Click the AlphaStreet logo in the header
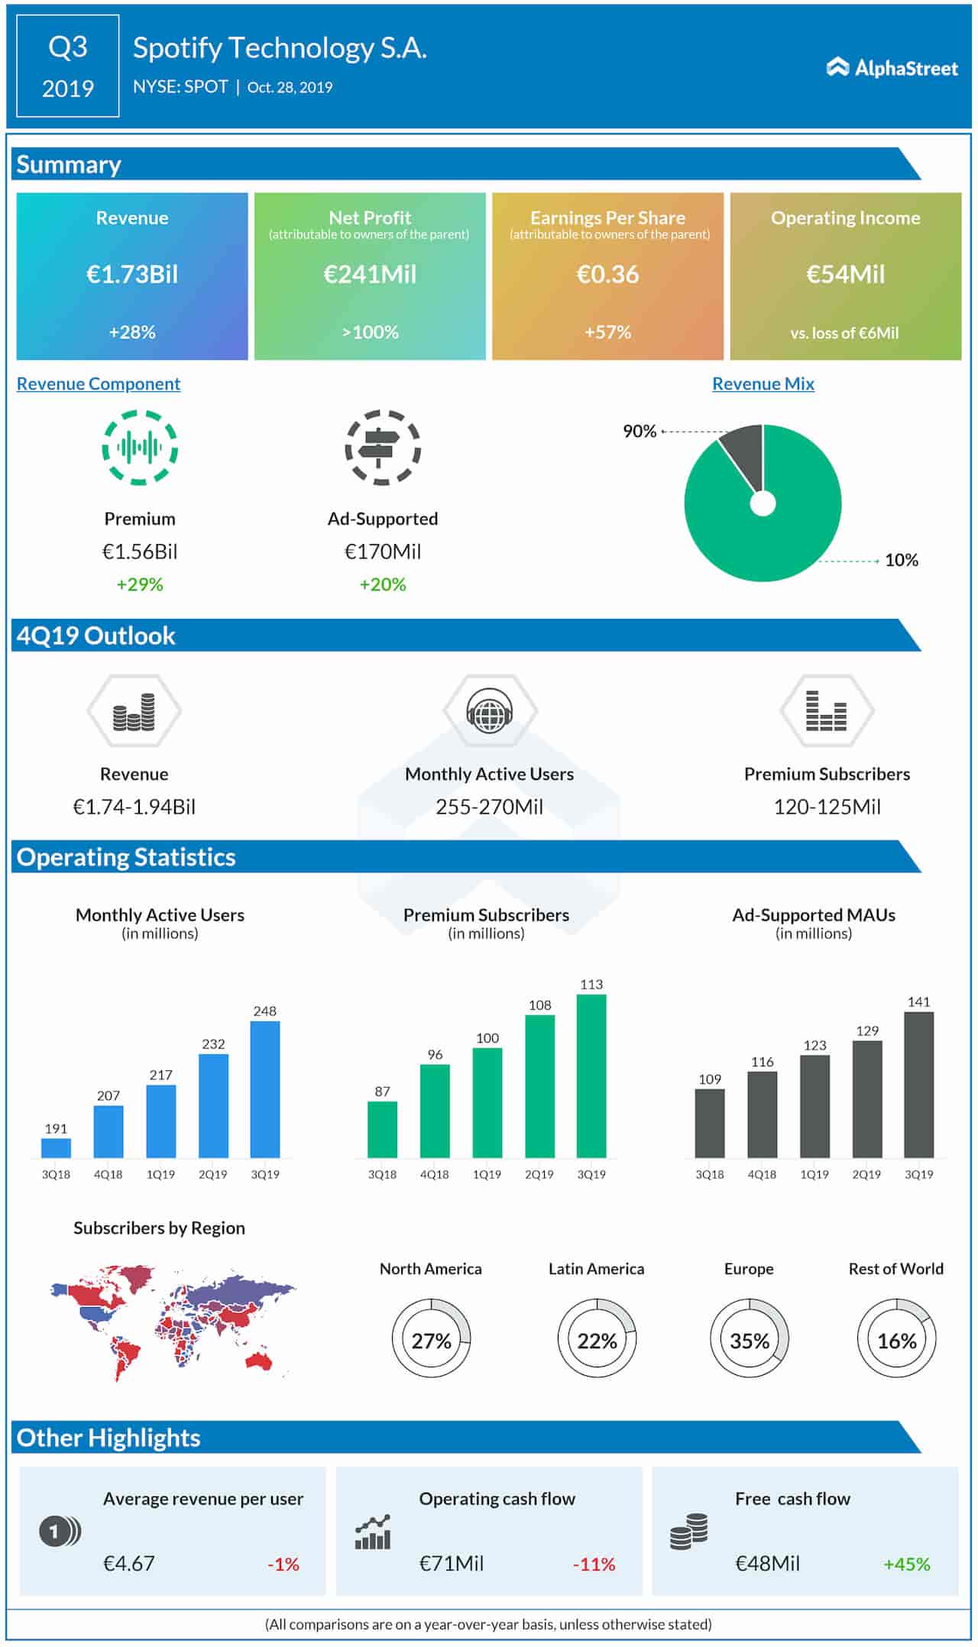pyautogui.click(x=892, y=69)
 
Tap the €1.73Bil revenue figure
pyautogui.click(x=132, y=274)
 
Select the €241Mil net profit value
pyautogui.click(x=370, y=274)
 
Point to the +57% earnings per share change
pyautogui.click(x=607, y=332)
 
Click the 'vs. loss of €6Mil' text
pyautogui.click(x=844, y=333)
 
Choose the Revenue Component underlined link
pyautogui.click(x=99, y=383)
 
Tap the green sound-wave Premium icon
pyautogui.click(x=140, y=448)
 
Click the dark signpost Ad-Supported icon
pyautogui.click(x=382, y=448)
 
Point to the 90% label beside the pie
pyautogui.click(x=640, y=432)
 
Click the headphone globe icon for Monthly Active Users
pyautogui.click(x=489, y=711)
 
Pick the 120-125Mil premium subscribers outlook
pyautogui.click(x=827, y=807)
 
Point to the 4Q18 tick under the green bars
pyautogui.click(x=434, y=1174)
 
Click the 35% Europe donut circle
pyautogui.click(x=749, y=1341)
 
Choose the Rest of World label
pyautogui.click(x=895, y=1269)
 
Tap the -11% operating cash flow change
pyautogui.click(x=594, y=1564)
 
